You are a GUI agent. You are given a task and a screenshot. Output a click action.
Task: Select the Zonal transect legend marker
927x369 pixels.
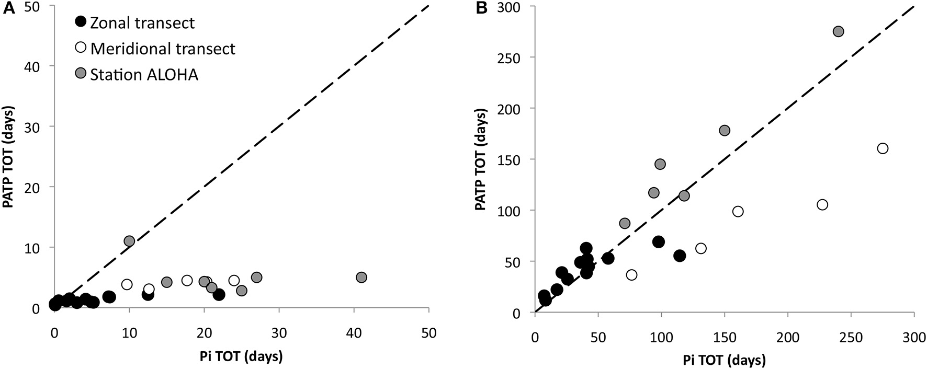pos(80,22)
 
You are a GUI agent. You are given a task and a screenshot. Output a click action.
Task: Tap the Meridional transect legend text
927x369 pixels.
pos(163,49)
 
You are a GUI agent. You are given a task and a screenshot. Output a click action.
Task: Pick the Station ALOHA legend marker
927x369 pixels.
pos(80,74)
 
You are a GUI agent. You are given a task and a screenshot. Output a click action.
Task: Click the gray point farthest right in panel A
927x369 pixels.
pos(361,277)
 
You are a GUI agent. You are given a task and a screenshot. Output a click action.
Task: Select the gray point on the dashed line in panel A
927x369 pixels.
pos(129,241)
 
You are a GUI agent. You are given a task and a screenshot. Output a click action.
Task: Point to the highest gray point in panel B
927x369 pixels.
pos(838,31)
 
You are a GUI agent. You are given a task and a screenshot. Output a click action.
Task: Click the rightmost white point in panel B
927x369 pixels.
pos(883,148)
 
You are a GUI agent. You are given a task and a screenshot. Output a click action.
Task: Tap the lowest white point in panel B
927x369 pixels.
pos(632,275)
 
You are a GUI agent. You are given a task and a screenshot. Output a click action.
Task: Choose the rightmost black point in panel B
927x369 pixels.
pos(680,256)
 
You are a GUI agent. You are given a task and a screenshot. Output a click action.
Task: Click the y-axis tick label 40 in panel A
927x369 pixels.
pos(38,66)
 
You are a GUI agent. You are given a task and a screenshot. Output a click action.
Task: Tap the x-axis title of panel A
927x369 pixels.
pos(241,357)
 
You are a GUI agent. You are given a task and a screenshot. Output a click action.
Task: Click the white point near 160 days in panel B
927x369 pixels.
pos(738,211)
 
